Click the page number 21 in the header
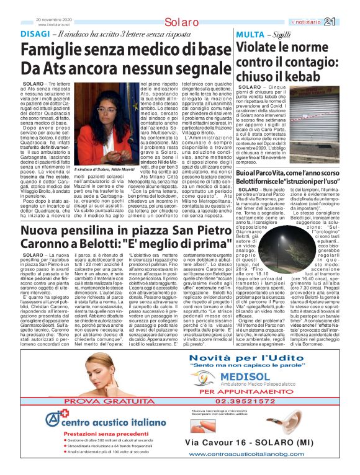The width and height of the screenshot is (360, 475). tap(347, 22)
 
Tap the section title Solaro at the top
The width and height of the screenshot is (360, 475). tap(180, 23)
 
